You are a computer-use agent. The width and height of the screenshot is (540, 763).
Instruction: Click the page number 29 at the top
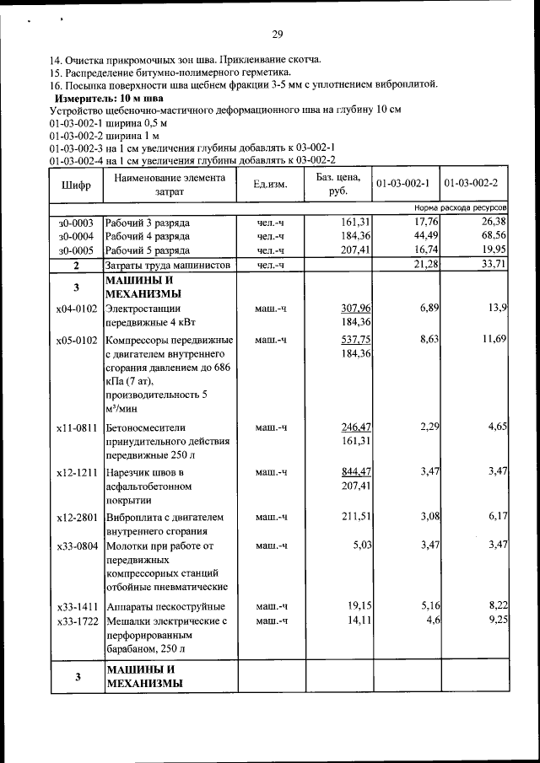point(277,35)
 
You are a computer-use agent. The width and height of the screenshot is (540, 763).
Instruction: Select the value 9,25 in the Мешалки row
point(494,621)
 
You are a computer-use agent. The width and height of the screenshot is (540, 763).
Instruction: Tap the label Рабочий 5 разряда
point(148,250)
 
